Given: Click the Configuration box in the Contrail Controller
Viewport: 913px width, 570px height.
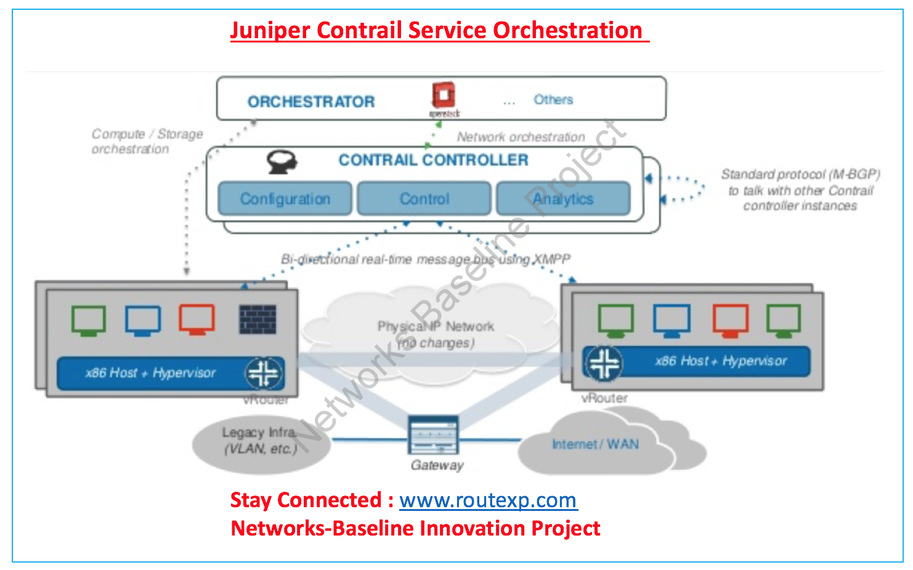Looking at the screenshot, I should (x=285, y=199).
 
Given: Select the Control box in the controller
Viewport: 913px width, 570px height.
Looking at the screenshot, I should (x=424, y=199).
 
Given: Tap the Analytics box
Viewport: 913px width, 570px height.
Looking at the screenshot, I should (x=563, y=199).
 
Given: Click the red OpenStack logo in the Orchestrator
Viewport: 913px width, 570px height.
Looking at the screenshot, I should (x=443, y=96).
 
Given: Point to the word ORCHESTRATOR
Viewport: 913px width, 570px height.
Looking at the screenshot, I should (x=311, y=102).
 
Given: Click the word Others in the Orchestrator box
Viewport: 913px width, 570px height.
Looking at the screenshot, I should (x=553, y=100).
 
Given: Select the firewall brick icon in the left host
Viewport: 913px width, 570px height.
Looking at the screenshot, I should (x=258, y=319).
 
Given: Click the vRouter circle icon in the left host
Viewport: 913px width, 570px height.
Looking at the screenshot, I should (x=264, y=373).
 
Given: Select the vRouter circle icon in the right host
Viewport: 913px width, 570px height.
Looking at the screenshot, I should (x=604, y=363).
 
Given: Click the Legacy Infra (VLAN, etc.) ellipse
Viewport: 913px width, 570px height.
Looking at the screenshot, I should (x=260, y=441).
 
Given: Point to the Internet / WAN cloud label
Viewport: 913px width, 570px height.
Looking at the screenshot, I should (x=595, y=444).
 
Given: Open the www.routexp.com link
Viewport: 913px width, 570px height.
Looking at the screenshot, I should (x=488, y=500).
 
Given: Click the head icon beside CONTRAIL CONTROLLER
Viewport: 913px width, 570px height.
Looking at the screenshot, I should (x=282, y=161).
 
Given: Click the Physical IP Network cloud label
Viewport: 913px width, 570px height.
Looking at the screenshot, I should (x=436, y=334).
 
